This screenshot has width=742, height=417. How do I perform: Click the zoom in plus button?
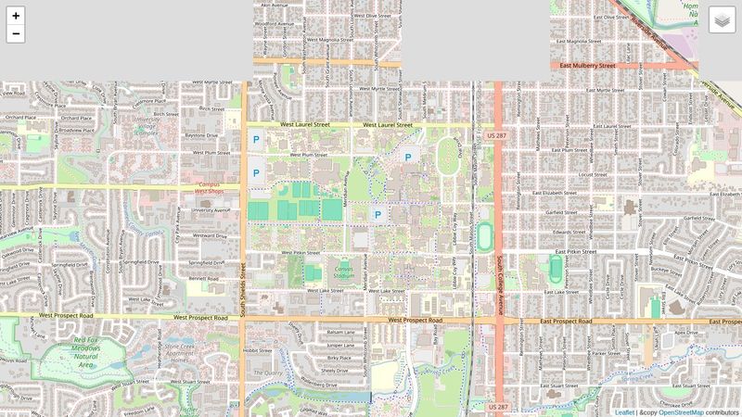tap(16, 16)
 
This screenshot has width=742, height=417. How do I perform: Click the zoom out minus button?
tap(16, 34)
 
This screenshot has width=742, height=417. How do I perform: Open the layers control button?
tap(722, 20)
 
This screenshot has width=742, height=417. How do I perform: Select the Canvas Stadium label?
tap(344, 272)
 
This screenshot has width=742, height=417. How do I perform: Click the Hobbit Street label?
tap(256, 350)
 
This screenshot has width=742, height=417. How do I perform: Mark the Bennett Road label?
tap(202, 277)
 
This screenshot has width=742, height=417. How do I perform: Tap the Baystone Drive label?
tap(202, 135)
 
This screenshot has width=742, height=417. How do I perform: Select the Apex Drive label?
tap(687, 331)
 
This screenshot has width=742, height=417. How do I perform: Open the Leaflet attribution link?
tap(625, 411)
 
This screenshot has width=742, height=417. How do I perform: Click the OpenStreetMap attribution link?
tap(680, 411)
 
